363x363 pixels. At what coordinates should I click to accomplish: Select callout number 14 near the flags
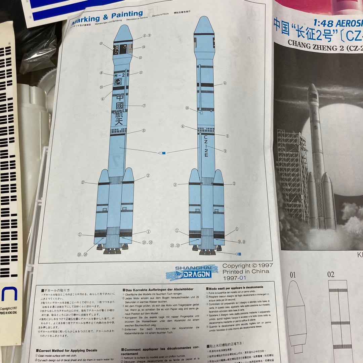click(x=144, y=47)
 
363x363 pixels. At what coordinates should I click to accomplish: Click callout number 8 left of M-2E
click(x=101, y=73)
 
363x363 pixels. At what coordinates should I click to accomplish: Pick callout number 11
click(x=141, y=72)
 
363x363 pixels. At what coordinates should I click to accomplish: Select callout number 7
click(x=144, y=105)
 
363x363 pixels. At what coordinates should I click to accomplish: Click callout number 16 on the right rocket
click(x=188, y=108)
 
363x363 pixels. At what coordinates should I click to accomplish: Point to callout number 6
click(x=183, y=127)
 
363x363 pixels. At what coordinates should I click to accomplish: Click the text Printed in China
click(x=246, y=272)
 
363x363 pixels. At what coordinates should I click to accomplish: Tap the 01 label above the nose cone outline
click(x=293, y=275)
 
